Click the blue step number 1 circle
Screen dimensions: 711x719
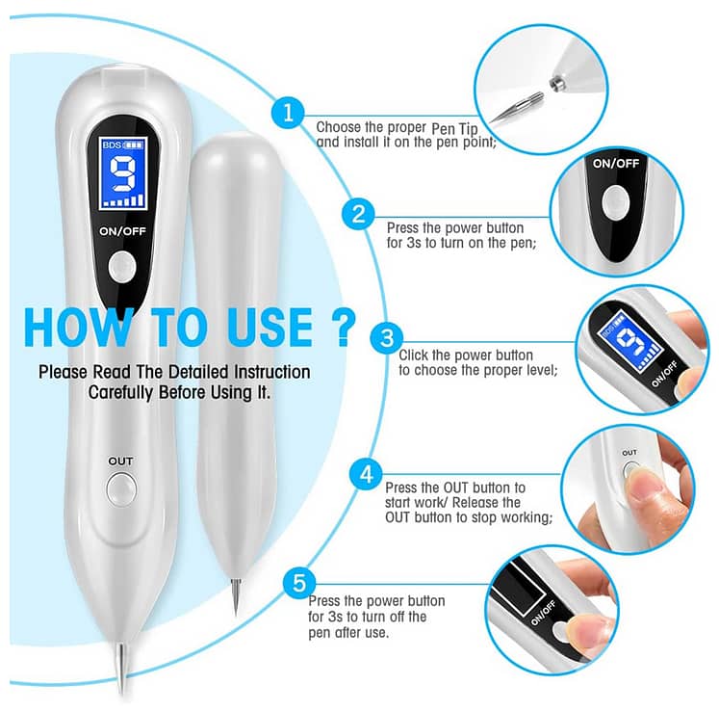tap(287, 112)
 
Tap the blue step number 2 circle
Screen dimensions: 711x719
tap(358, 214)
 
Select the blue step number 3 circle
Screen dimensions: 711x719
tap(387, 337)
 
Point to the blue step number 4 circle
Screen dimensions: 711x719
tap(366, 473)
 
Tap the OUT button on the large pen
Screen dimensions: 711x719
tap(120, 491)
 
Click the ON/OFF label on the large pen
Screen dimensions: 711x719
tap(121, 231)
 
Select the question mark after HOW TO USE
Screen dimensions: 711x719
tap(342, 328)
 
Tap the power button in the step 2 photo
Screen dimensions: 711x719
tap(615, 200)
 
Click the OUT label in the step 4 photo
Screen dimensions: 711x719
tap(629, 452)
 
